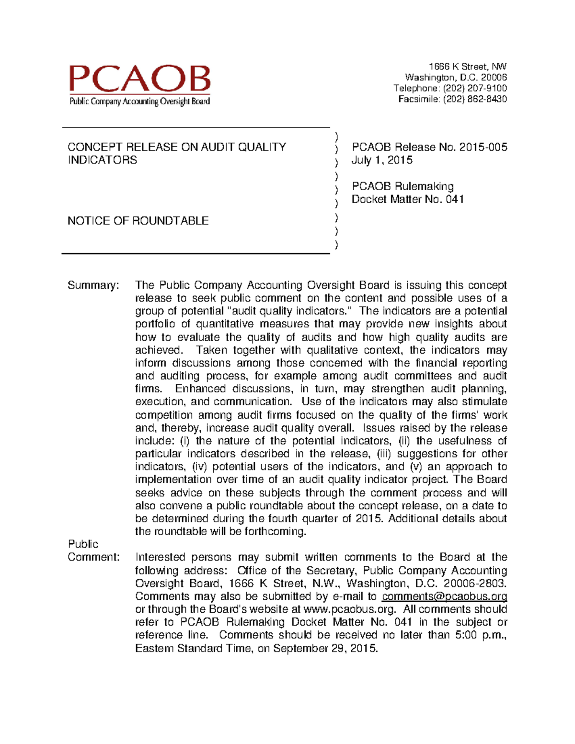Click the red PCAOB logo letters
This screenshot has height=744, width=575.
tap(139, 79)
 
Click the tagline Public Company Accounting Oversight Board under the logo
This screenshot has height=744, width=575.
tap(139, 102)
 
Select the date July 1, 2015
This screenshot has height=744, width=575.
tap(382, 160)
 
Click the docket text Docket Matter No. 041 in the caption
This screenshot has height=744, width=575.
tap(407, 199)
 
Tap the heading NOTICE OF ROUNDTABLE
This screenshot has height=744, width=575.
tap(138, 221)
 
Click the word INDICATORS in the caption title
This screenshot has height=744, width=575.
tap(102, 160)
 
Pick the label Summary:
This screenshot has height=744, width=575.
tap(93, 286)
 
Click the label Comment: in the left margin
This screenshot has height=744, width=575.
tap(93, 557)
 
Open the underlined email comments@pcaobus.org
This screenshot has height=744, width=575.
tap(444, 596)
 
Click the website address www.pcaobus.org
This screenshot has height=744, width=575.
tap(350, 609)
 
